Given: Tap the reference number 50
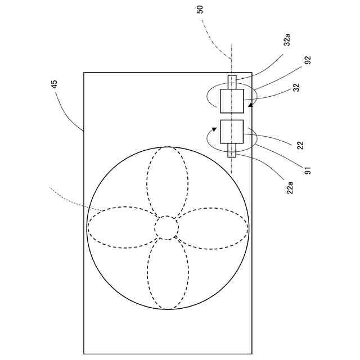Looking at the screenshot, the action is point(201,10).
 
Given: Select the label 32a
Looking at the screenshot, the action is point(287,40).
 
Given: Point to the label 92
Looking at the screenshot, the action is point(308,60).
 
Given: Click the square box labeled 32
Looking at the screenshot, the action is point(232,101).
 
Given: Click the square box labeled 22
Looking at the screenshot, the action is point(232,132).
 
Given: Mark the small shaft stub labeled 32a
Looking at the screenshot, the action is point(232,82).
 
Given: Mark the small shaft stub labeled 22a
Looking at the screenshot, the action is point(232,150).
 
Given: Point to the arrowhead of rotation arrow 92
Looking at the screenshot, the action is point(250,104).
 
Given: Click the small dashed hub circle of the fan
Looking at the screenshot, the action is point(166,227).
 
